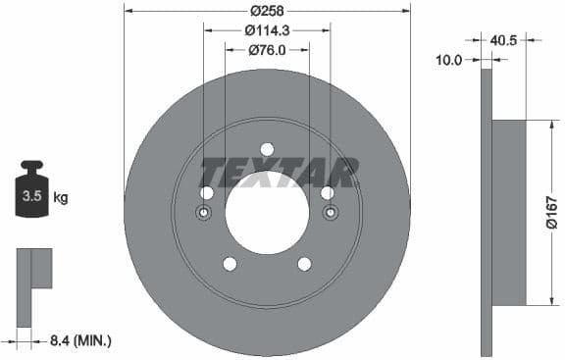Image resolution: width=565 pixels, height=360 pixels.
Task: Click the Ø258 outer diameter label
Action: coord(267,11)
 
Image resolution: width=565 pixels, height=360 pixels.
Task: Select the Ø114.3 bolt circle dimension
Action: coord(267,30)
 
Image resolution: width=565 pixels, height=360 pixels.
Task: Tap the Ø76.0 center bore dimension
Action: coord(267,50)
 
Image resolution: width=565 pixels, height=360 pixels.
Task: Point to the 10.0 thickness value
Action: coord(448,60)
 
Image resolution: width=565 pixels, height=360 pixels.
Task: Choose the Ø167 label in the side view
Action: coord(550,213)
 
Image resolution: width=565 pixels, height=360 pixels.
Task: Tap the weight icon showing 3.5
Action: coord(31,195)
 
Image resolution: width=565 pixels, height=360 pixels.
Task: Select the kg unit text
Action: coord(60,198)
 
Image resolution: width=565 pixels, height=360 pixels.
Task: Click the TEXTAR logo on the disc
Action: coord(279,173)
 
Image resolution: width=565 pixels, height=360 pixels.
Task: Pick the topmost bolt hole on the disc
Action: coord(267,149)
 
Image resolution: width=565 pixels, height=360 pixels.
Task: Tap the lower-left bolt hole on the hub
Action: coord(230,264)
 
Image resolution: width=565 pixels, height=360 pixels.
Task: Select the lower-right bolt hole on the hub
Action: coord(304,264)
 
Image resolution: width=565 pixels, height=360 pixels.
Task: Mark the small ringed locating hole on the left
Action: coord(204,215)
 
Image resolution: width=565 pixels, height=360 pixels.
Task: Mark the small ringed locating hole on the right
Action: coord(330,215)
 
